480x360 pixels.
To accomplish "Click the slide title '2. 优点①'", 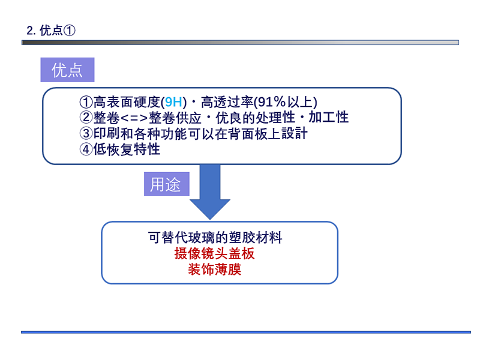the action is (x=51, y=31).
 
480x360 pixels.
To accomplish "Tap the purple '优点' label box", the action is (x=67, y=70).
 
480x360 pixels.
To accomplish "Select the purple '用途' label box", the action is (x=167, y=184).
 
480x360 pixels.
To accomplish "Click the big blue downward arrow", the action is (x=210, y=192).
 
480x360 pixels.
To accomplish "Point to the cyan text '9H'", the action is (x=173, y=102).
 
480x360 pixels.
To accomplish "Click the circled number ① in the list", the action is (x=86, y=102).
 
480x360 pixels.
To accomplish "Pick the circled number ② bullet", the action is (x=86, y=117).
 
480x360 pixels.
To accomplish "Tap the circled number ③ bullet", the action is (x=86, y=133).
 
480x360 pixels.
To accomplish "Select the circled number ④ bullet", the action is (x=86, y=149).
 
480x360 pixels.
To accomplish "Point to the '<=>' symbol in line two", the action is (x=134, y=118).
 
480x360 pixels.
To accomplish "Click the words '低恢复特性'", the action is (x=127, y=149).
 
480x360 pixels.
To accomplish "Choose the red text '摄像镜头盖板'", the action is (x=214, y=253).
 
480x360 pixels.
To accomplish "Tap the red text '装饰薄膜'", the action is (x=215, y=269).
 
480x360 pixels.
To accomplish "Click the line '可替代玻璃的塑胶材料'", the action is (x=215, y=238).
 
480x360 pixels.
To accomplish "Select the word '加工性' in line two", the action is (x=328, y=117).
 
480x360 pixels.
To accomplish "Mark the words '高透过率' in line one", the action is (x=227, y=102).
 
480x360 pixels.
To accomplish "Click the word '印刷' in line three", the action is (x=107, y=133).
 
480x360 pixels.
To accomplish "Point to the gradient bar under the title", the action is (x=240, y=42).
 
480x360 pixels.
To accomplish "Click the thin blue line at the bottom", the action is (x=246, y=332).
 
